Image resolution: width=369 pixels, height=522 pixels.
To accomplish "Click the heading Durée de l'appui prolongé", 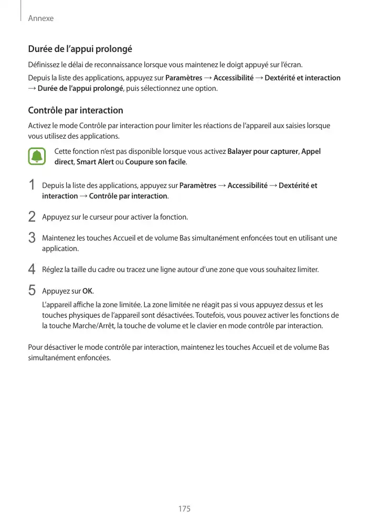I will point(79,49).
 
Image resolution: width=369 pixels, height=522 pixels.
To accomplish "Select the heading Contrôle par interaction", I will point(75,110).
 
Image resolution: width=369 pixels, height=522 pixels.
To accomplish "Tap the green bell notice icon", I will point(37,156).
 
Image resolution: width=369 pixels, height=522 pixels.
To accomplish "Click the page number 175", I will point(184,509).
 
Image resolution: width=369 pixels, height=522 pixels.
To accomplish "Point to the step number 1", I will point(32,185).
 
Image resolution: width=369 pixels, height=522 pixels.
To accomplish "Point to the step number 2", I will point(32,216).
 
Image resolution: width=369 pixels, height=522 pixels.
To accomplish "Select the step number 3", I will point(32,237).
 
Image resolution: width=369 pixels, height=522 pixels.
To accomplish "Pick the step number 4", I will point(32,269).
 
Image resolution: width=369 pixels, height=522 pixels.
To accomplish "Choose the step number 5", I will point(32,289).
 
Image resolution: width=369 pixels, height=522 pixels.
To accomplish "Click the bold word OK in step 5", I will point(88,291).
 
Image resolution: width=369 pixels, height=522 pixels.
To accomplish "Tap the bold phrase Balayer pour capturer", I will point(262,152).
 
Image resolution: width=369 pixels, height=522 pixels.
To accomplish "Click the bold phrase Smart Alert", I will point(94,162).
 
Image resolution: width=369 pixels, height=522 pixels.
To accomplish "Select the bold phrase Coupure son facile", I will point(155,162).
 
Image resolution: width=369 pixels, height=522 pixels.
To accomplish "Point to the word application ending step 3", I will point(60,248).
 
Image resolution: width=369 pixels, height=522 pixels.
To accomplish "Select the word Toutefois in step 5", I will point(213,315).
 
